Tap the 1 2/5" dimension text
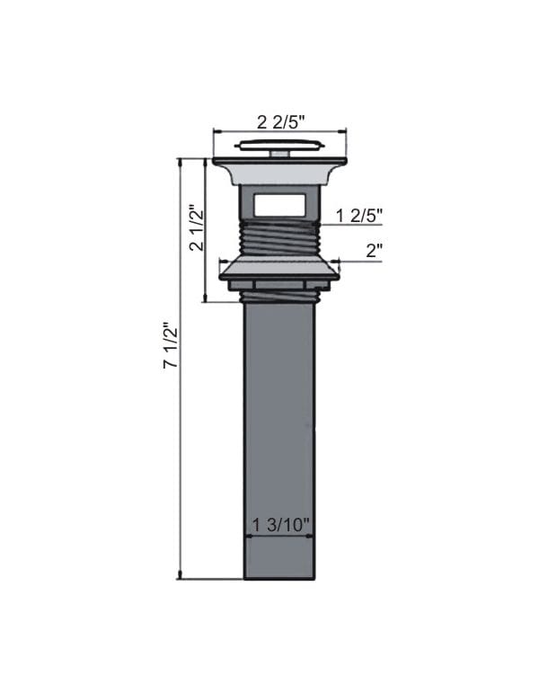pos(359,215)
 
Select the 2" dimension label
pos(375,251)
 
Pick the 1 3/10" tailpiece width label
pos(278,525)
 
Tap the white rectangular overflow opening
pos(278,205)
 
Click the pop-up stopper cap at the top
pos(278,144)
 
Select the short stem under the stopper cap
pos(278,154)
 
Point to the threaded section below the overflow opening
pos(278,240)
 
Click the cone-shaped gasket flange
pos(278,269)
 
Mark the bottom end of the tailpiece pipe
pos(278,575)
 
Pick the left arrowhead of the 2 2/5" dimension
pos(216,132)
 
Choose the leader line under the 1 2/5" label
pos(350,225)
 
